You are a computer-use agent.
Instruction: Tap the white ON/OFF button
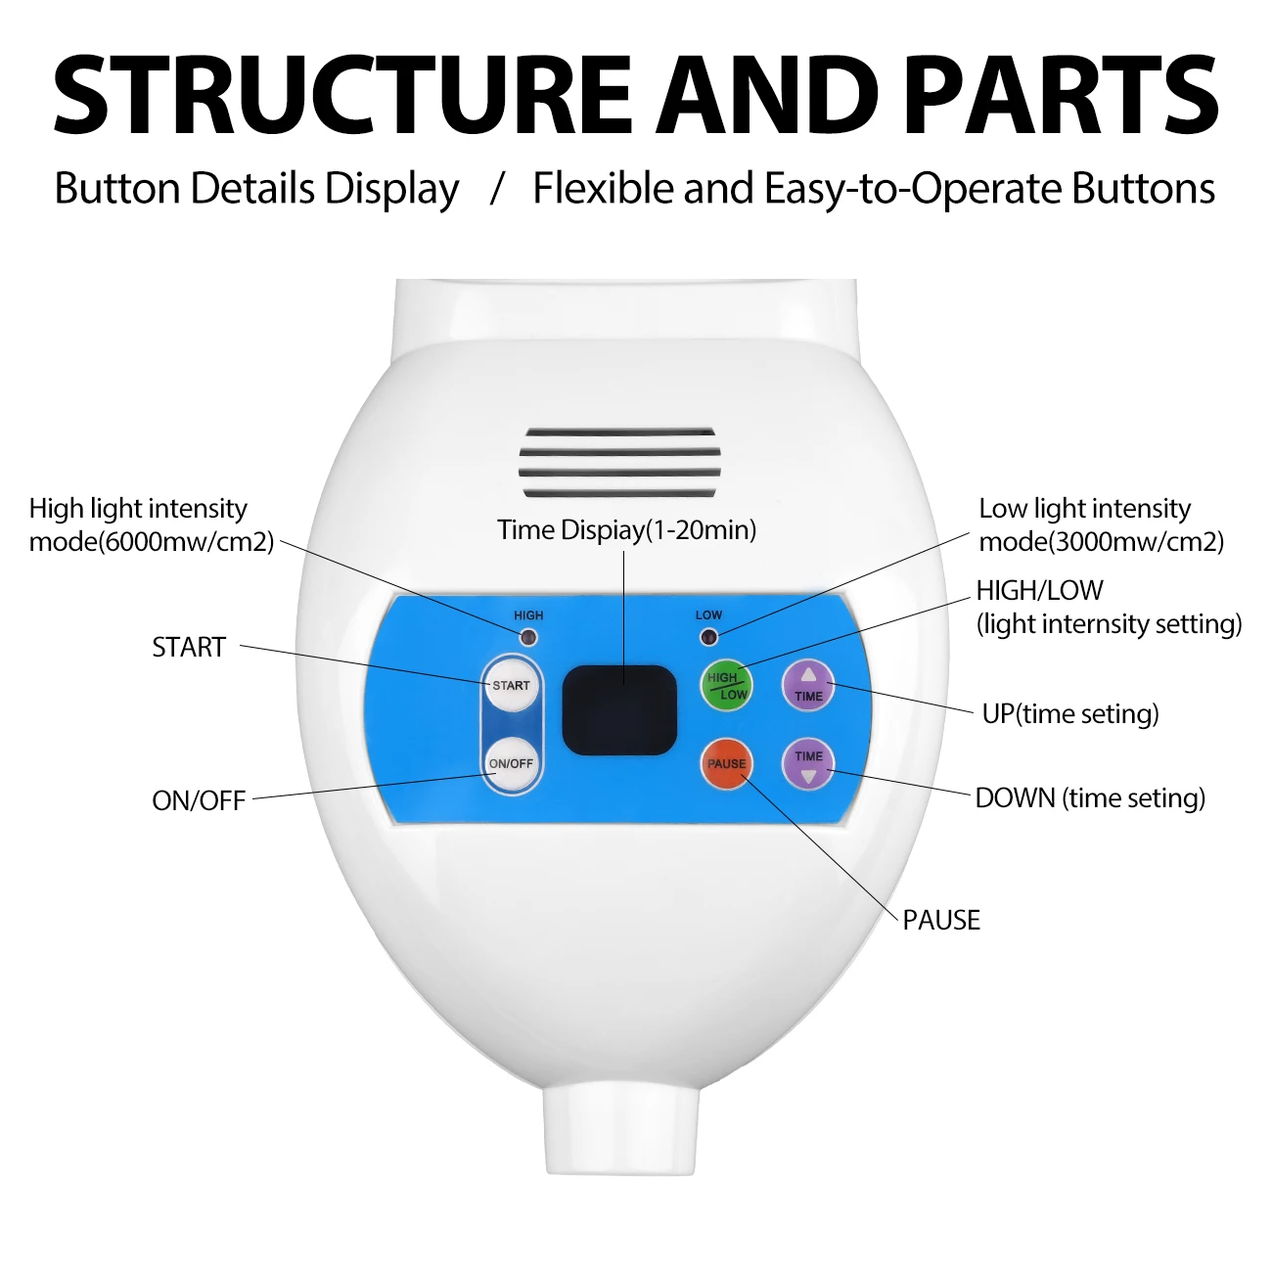pyautogui.click(x=511, y=763)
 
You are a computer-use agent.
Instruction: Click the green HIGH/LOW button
pyautogui.click(x=727, y=685)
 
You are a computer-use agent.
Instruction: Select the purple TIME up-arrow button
pyautogui.click(x=808, y=685)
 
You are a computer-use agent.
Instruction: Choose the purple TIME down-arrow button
pyautogui.click(x=808, y=764)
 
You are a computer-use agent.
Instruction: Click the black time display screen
pyautogui.click(x=619, y=709)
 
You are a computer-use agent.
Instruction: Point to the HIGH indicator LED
pyautogui.click(x=528, y=638)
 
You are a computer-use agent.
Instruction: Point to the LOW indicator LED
pyautogui.click(x=709, y=638)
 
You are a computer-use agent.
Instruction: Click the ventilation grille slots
pyautogui.click(x=620, y=462)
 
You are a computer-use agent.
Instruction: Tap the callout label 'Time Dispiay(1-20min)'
pyautogui.click(x=626, y=530)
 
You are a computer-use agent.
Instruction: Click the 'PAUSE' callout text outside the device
pyautogui.click(x=941, y=920)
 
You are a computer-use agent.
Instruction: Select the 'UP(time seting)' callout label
pyautogui.click(x=1070, y=713)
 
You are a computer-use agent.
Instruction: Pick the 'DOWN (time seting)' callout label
pyautogui.click(x=1090, y=797)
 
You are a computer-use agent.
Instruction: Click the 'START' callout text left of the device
pyautogui.click(x=189, y=647)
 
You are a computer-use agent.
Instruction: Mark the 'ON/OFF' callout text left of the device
pyautogui.click(x=199, y=800)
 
